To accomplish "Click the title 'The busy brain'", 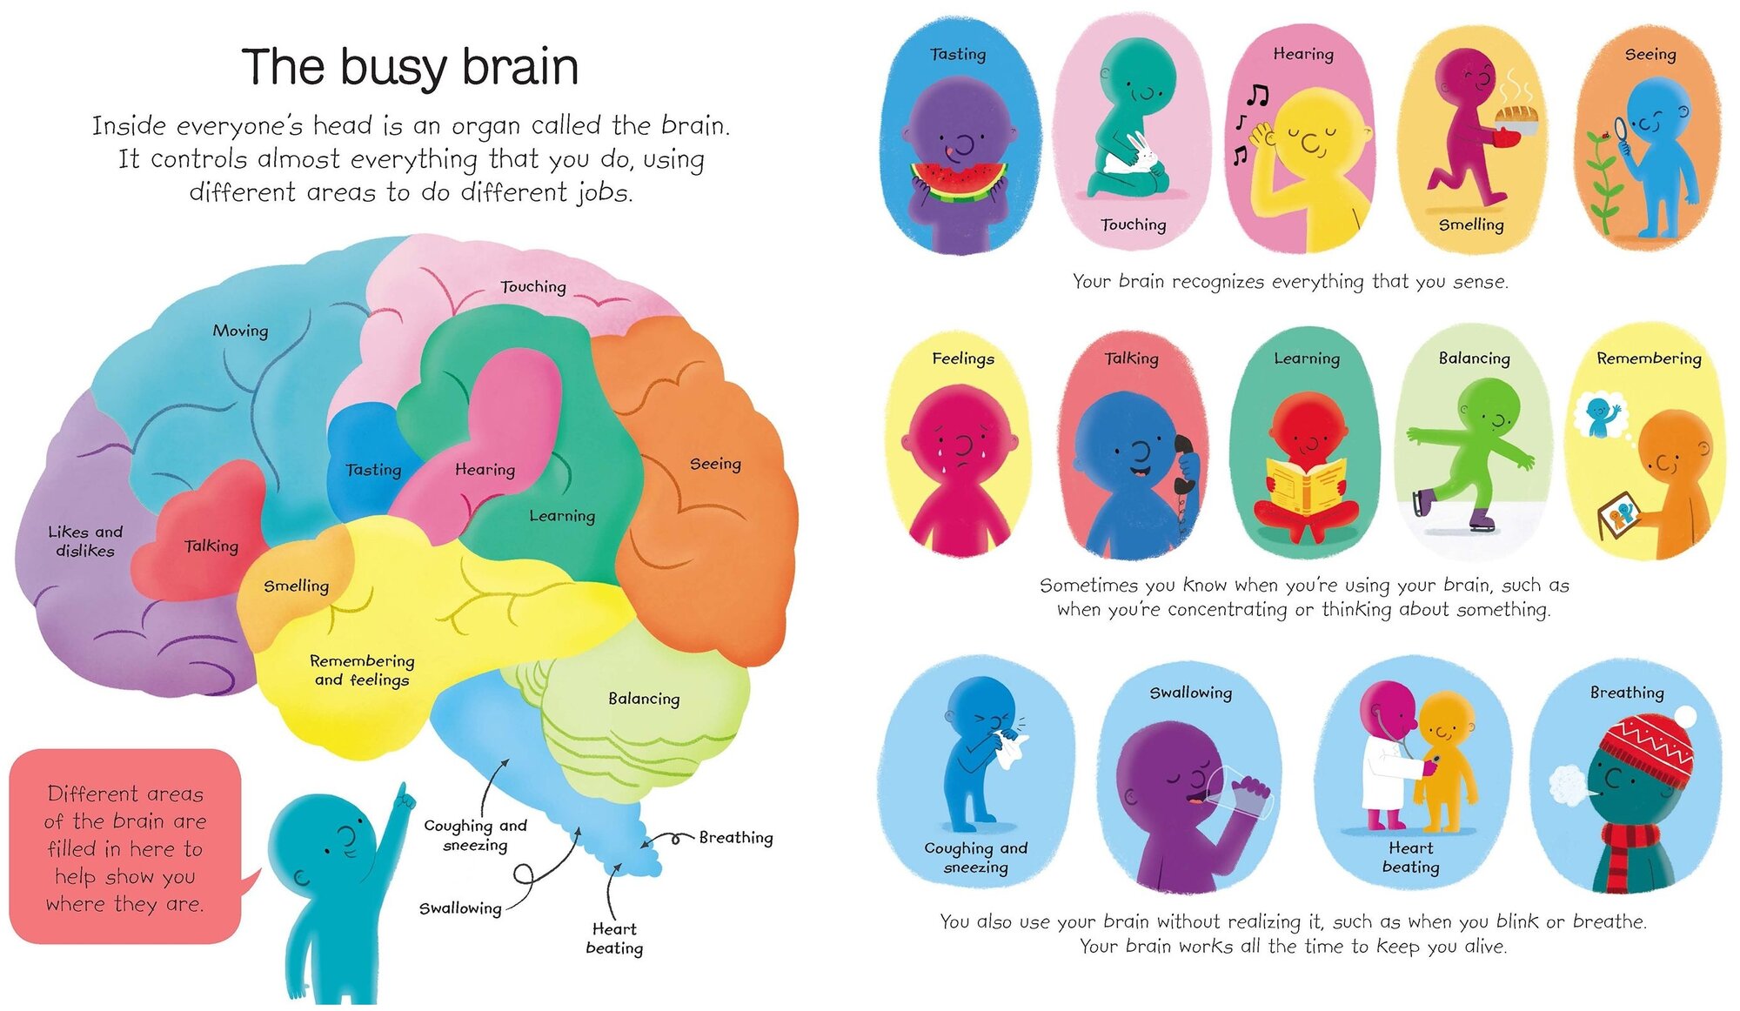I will point(410,67).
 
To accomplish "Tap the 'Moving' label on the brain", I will point(240,331).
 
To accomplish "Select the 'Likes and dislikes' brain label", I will point(85,540).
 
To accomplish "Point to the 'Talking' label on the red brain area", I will point(211,546).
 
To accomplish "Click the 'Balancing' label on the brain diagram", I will point(644,698).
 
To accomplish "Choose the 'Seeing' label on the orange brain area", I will point(715,464).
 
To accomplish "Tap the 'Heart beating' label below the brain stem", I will point(614,938).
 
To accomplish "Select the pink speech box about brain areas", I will point(125,847).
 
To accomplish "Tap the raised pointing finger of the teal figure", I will point(402,793).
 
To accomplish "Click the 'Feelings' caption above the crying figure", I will point(962,358).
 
